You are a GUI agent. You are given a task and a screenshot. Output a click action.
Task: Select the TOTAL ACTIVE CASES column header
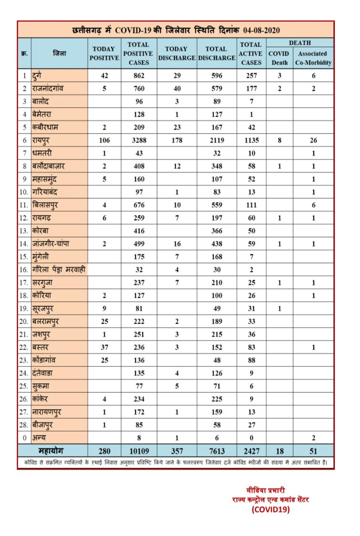251,54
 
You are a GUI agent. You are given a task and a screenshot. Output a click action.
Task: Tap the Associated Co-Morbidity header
313,58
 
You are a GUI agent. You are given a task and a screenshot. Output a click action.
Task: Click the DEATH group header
300,43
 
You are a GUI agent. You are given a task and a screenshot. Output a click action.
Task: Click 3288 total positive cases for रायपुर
139,140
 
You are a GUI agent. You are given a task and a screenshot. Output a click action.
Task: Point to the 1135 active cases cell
251,140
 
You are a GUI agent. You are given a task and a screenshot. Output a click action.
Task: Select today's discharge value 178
177,140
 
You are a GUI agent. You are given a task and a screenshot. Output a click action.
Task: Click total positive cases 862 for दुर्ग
139,76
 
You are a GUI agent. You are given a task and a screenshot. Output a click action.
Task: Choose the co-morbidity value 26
313,140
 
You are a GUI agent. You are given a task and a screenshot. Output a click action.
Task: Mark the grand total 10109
139,451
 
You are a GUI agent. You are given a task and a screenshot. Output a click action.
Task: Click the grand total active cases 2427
251,451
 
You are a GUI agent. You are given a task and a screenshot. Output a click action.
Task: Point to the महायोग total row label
52,451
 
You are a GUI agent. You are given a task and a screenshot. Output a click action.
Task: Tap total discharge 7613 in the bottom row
216,451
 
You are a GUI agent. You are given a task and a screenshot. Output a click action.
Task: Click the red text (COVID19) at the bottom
270,510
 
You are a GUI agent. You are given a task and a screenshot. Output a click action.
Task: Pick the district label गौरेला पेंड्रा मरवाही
59,270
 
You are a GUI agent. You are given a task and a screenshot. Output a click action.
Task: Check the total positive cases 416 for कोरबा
139,231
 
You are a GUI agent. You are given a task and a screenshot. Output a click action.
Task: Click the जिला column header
59,54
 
